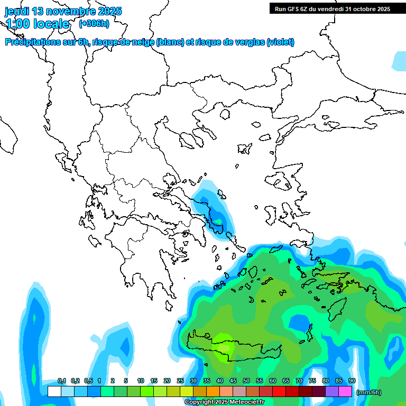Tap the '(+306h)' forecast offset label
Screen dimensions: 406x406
point(94,23)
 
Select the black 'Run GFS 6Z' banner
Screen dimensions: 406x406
point(332,8)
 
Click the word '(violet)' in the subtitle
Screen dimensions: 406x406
point(281,42)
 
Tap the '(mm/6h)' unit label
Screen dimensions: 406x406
point(369,392)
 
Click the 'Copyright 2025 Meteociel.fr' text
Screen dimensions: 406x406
point(224,402)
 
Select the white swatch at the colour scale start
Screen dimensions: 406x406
point(54,391)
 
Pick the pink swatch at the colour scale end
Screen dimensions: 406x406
point(346,391)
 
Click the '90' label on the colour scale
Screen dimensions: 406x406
point(352,381)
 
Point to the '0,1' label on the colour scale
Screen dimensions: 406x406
point(62,381)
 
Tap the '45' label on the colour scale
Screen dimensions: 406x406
point(233,381)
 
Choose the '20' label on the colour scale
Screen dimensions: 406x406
point(167,381)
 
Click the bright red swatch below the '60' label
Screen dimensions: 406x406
point(279,391)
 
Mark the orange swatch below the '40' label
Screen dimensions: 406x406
point(213,391)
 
